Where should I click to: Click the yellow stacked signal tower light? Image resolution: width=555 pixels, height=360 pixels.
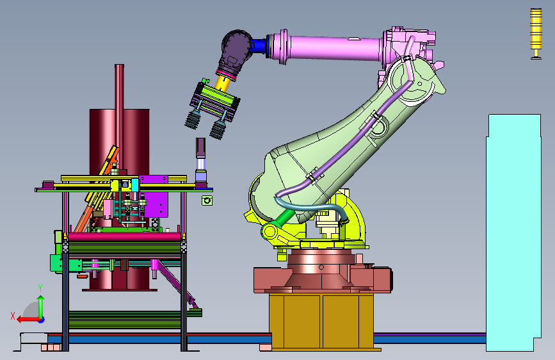pos(536,34)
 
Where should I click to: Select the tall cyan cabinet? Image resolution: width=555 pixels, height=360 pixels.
pos(513,233)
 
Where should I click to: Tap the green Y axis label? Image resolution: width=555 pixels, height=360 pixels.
pos(40,288)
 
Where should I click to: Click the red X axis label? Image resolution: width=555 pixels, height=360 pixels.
pos(13,316)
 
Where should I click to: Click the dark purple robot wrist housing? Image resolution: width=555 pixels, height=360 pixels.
pos(235,53)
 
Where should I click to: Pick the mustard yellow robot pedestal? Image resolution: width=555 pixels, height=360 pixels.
pos(321,321)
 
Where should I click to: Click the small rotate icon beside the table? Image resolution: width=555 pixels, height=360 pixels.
pos(207,200)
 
